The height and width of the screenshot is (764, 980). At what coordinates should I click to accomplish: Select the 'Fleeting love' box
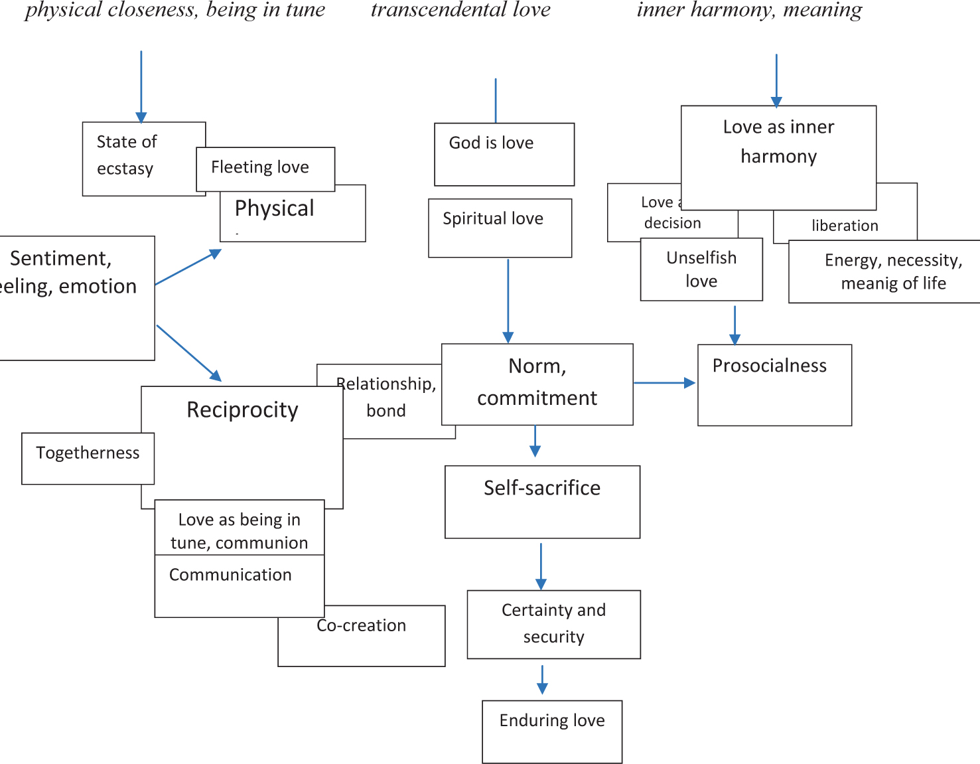(265, 169)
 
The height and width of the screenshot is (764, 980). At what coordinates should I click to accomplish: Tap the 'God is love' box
(504, 154)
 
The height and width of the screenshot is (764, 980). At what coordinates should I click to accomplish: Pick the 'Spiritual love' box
(500, 228)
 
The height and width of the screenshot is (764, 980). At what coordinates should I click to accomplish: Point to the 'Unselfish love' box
(701, 269)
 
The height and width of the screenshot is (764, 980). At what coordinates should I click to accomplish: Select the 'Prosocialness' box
(774, 384)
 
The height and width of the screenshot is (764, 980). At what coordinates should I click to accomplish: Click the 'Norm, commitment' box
(537, 384)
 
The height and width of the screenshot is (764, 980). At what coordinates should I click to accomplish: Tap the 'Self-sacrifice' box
(542, 501)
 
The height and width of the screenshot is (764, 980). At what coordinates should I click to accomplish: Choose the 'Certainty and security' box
(553, 624)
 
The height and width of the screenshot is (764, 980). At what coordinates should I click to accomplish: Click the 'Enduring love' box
(551, 731)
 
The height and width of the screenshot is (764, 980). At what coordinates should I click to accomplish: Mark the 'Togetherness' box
(88, 458)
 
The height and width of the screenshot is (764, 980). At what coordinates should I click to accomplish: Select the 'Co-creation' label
(362, 626)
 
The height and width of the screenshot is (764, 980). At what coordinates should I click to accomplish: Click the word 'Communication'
(230, 575)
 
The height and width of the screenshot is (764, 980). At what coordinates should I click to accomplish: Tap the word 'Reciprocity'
(242, 410)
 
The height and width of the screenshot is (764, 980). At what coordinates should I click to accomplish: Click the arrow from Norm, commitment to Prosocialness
(664, 383)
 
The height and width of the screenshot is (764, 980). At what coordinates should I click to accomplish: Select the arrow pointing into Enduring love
(542, 680)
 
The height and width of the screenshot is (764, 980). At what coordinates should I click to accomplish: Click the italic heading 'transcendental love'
(460, 10)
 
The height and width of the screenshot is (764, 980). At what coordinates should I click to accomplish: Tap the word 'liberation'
(845, 226)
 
